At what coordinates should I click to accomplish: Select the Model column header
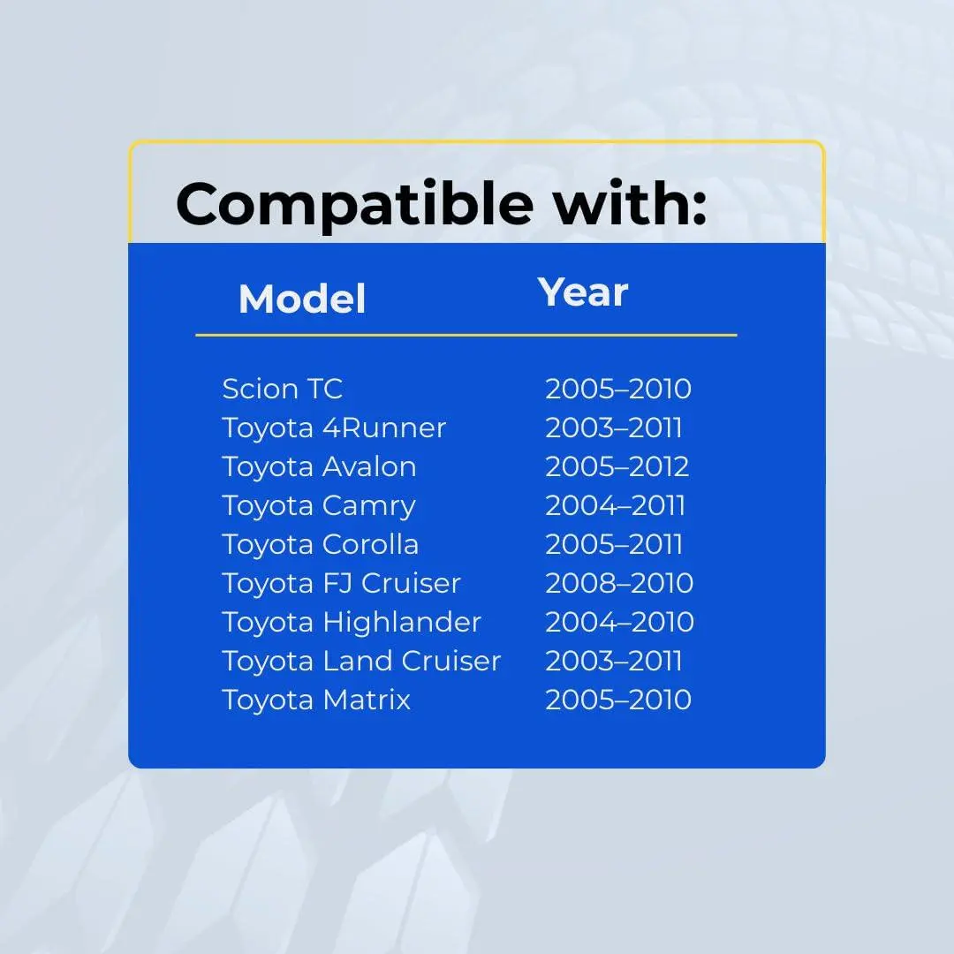302,299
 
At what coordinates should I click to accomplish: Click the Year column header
583,292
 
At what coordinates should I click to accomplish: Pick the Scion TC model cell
283,389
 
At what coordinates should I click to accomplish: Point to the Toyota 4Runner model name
334,428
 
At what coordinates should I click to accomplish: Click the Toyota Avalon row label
320,466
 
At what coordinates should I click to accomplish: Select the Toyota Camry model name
319,506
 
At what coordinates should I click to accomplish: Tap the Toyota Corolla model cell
321,544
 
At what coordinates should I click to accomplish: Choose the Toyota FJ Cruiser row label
341,584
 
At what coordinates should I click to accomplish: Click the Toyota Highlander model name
352,623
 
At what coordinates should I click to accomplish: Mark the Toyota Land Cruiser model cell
361,662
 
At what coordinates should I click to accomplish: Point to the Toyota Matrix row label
316,700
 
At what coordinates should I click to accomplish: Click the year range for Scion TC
618,389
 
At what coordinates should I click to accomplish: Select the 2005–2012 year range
617,466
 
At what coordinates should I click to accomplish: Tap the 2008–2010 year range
619,584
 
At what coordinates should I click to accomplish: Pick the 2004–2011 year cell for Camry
615,505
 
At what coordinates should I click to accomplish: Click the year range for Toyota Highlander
619,623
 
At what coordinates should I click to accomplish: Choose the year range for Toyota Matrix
618,700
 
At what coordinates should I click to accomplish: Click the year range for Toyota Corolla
614,544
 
